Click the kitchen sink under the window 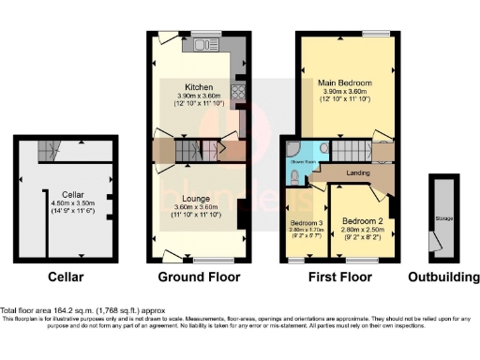click(203, 43)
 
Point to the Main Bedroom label click(338, 83)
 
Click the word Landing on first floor click(356, 172)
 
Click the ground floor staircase click(187, 150)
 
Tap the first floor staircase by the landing click(352, 151)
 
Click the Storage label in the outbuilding click(443, 219)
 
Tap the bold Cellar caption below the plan click(67, 277)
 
